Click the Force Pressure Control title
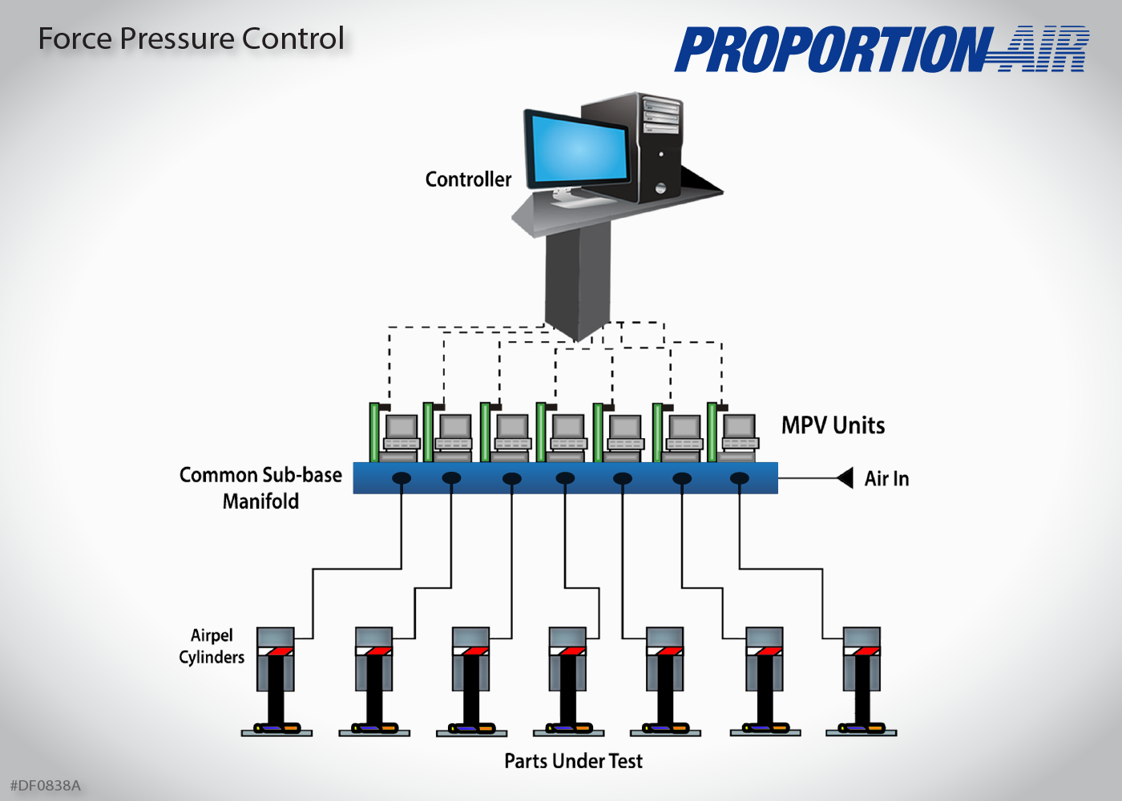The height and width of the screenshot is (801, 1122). (192, 39)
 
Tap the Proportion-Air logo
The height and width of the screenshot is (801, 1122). (881, 50)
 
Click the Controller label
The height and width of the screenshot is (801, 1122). (468, 179)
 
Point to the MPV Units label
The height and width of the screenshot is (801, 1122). (833, 425)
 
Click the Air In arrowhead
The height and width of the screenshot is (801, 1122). (845, 478)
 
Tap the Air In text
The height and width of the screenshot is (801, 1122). (886, 479)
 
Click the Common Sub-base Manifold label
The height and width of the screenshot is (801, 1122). (260, 488)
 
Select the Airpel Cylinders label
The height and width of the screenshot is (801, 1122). (212, 646)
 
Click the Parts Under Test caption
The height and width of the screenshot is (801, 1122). (573, 761)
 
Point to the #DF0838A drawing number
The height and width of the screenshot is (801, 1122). (46, 786)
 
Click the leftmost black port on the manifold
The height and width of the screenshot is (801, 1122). (402, 478)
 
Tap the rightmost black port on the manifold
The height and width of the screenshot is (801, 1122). (740, 478)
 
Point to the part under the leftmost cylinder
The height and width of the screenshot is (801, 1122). (276, 728)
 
